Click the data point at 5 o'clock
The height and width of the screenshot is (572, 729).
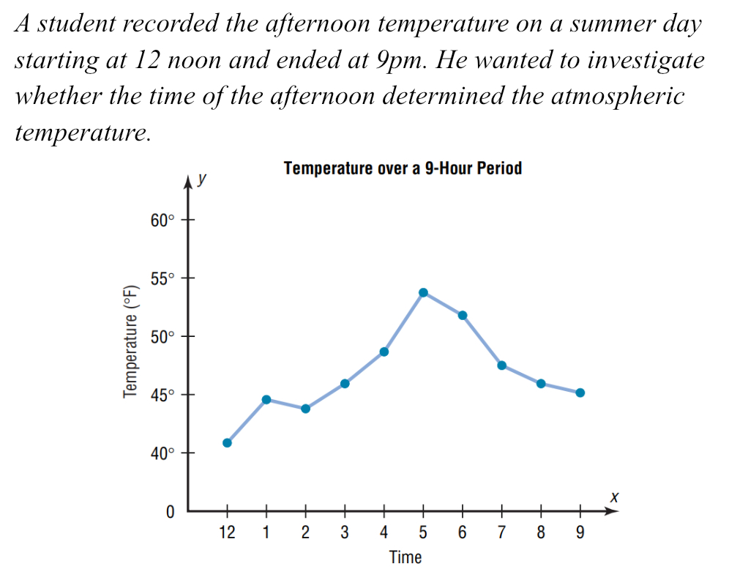point(423,292)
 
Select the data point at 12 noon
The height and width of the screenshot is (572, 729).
point(227,442)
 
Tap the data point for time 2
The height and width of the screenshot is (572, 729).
point(305,408)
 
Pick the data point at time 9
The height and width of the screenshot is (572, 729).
point(580,393)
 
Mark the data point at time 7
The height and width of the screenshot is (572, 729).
point(501,365)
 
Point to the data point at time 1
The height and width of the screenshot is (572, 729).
point(266,399)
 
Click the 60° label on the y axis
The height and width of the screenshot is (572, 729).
point(163,220)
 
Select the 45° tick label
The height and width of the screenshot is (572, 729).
point(163,395)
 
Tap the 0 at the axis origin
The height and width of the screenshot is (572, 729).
point(170,512)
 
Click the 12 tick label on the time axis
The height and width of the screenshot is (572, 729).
point(227,533)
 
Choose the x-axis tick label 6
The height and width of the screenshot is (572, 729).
point(463,533)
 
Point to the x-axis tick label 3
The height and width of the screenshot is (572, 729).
point(345,533)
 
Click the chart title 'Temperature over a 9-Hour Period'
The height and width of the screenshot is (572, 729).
point(403,168)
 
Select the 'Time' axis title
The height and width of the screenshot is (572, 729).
point(405,557)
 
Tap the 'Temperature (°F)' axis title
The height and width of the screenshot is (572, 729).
point(132,341)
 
